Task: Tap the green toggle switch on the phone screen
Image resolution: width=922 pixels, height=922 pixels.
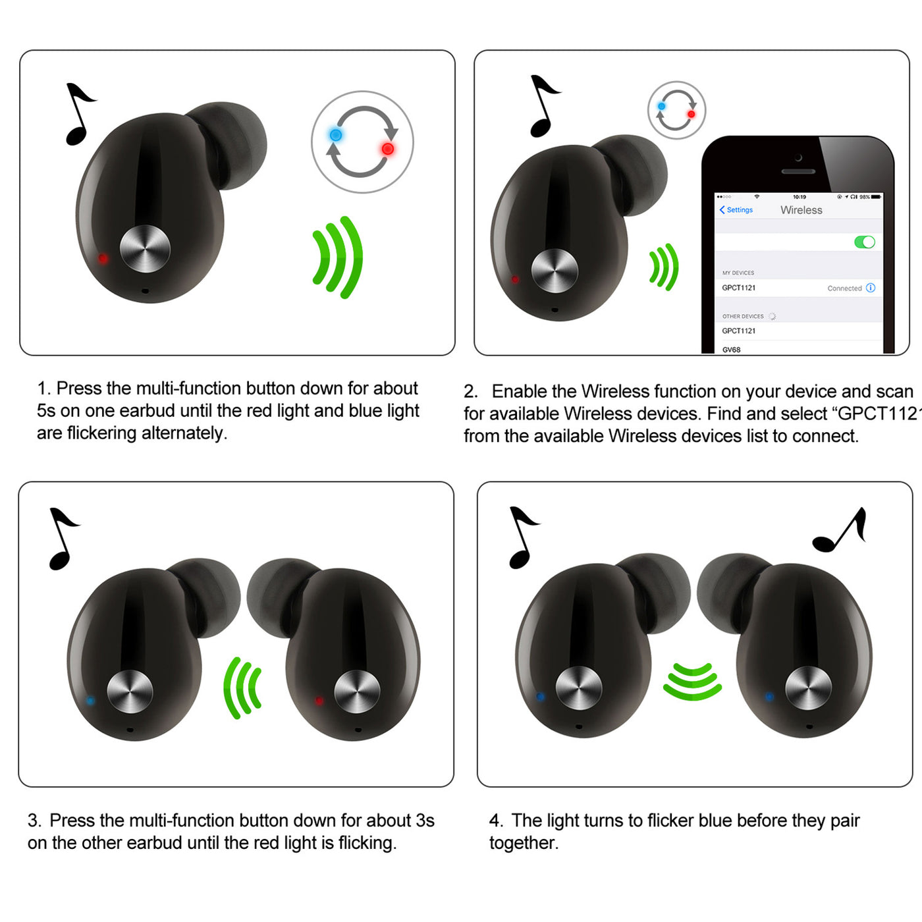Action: click(x=865, y=242)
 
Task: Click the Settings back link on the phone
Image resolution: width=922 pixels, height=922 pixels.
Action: click(x=736, y=210)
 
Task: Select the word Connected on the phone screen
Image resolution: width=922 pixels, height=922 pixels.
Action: click(x=844, y=288)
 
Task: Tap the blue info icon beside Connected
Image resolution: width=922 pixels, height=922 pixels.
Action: click(x=871, y=288)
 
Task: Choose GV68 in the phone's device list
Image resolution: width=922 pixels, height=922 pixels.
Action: click(x=731, y=350)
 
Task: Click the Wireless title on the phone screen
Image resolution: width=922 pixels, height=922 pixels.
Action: click(x=801, y=210)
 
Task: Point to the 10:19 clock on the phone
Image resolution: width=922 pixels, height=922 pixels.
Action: click(x=800, y=197)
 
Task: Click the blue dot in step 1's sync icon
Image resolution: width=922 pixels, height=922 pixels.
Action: click(x=336, y=135)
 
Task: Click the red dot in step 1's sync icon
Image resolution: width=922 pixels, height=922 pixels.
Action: click(x=388, y=149)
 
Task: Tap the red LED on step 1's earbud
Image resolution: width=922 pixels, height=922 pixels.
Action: click(x=103, y=259)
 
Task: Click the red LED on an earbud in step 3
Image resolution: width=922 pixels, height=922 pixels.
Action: click(x=319, y=701)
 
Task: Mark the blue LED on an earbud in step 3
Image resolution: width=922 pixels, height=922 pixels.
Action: click(x=90, y=701)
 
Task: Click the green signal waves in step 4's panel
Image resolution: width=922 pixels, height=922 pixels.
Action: click(x=692, y=682)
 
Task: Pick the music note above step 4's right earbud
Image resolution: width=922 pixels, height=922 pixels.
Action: click(x=840, y=530)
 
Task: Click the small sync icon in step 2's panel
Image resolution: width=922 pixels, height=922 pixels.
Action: click(x=676, y=110)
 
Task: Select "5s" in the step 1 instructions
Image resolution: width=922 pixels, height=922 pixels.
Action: click(x=46, y=411)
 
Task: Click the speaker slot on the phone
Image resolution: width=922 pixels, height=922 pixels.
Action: click(x=798, y=171)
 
